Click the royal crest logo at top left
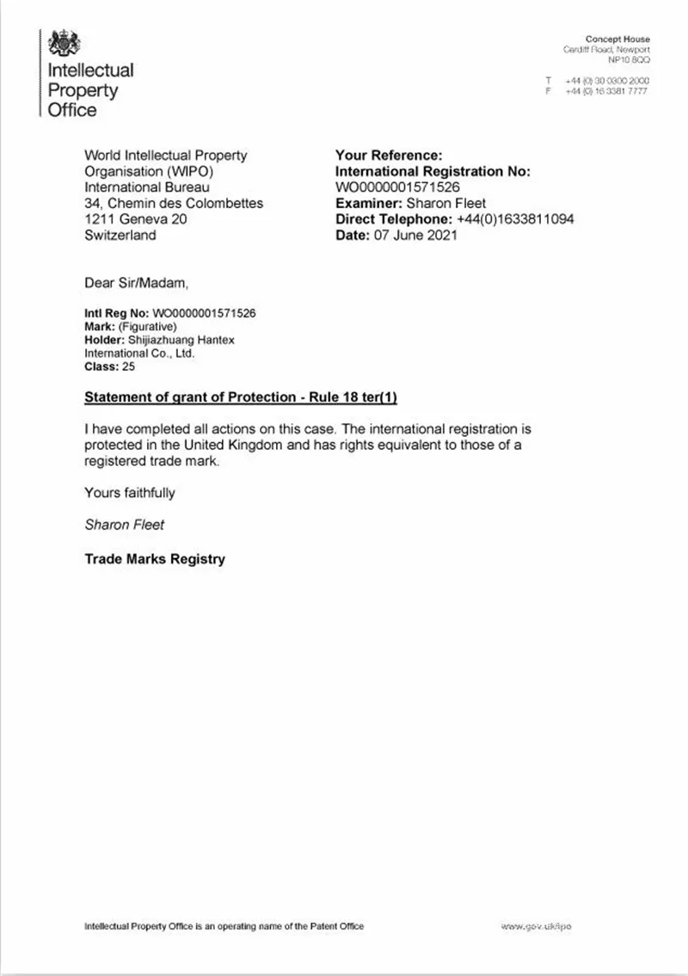tap(64, 43)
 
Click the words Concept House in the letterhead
tap(617, 40)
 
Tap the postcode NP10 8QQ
tap(629, 61)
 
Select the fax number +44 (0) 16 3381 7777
tap(606, 90)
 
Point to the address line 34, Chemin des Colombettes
tap(174, 204)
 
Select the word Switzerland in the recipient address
tap(120, 235)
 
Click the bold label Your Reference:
tap(388, 156)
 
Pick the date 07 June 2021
tap(412, 235)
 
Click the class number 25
tap(128, 366)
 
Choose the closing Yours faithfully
tap(129, 493)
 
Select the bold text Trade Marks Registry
tap(155, 559)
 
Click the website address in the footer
tap(536, 926)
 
